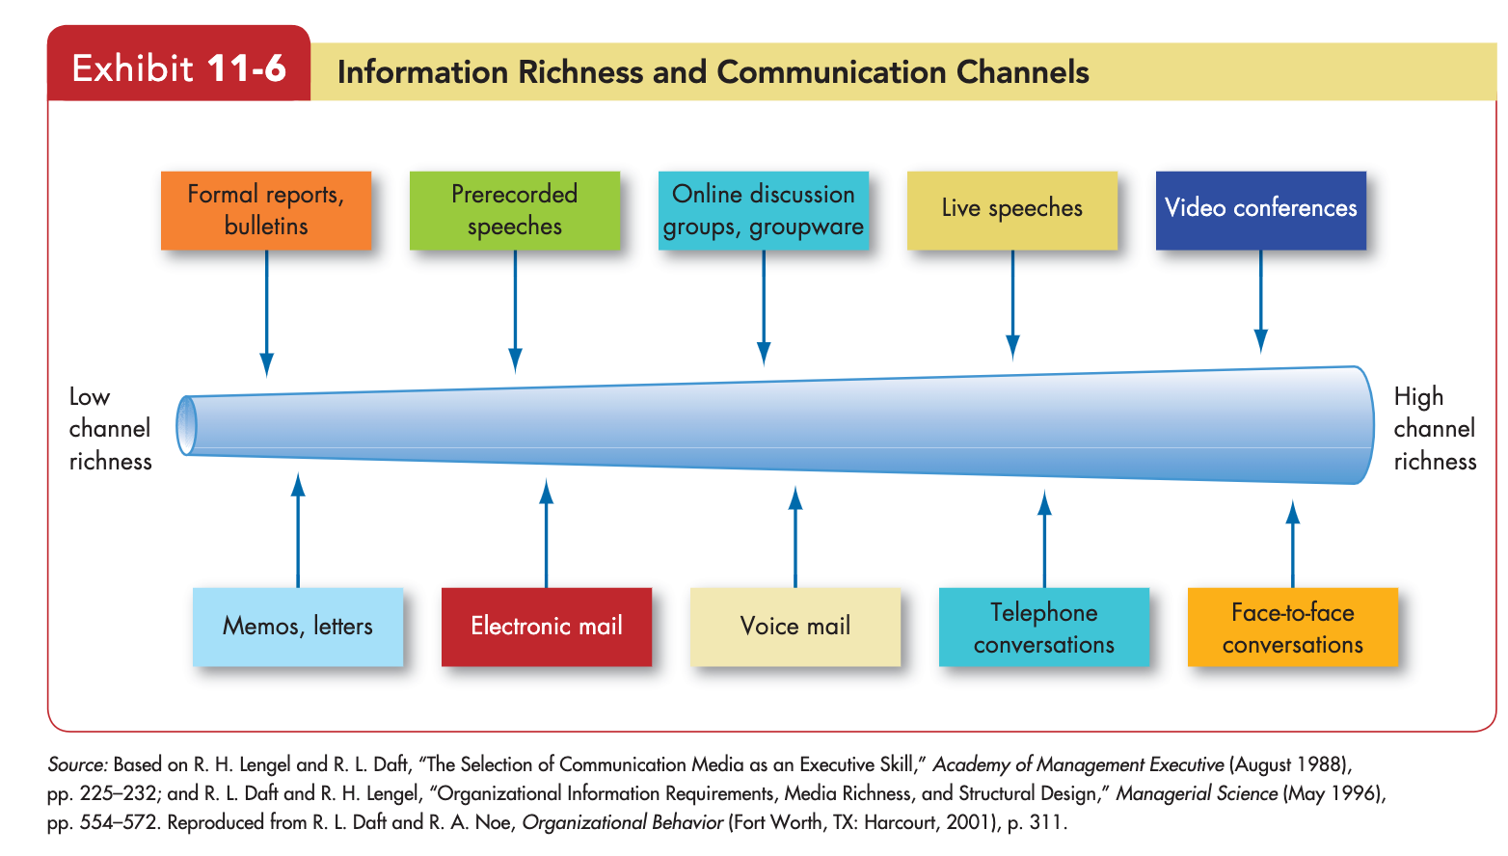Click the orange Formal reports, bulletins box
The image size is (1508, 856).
pyautogui.click(x=266, y=211)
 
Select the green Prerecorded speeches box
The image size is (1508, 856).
pyautogui.click(x=515, y=211)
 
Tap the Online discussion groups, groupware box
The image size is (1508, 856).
pyautogui.click(x=764, y=211)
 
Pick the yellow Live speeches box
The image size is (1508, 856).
pyautogui.click(x=1012, y=211)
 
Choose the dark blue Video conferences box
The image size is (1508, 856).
pyautogui.click(x=1261, y=211)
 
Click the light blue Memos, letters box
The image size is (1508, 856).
pyautogui.click(x=298, y=628)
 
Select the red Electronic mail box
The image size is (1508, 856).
pyautogui.click(x=547, y=628)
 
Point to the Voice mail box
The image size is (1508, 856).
pyautogui.click(x=795, y=628)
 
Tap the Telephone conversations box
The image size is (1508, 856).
pyautogui.click(x=1044, y=628)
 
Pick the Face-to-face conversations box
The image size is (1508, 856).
pyautogui.click(x=1293, y=628)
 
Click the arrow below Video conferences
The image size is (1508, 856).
pyautogui.click(x=1261, y=302)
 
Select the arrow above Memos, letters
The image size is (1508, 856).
pyautogui.click(x=298, y=530)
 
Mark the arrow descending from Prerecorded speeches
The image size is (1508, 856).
pyautogui.click(x=515, y=311)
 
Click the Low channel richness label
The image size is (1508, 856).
pyautogui.click(x=110, y=429)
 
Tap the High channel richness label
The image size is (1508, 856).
pyautogui.click(x=1435, y=429)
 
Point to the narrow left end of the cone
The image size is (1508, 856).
pyautogui.click(x=186, y=425)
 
